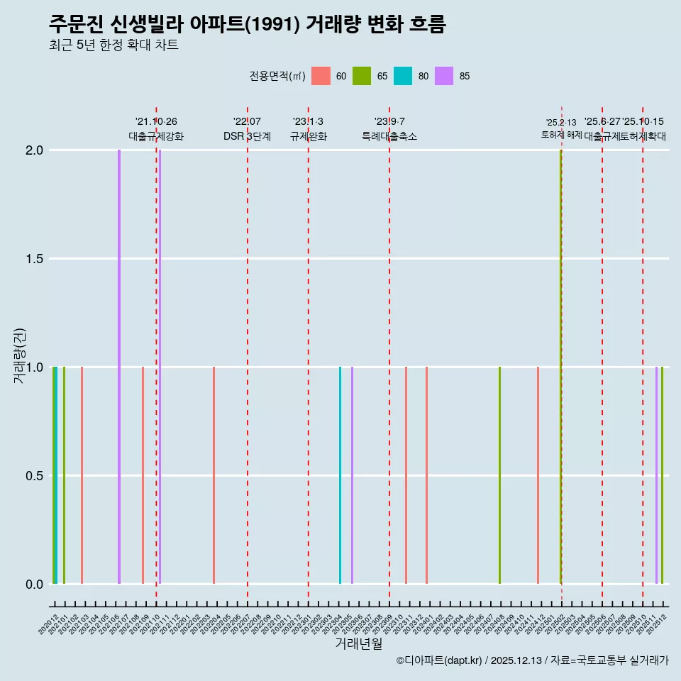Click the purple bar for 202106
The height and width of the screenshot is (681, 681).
coord(119,367)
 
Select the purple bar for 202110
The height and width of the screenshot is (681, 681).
coord(160,367)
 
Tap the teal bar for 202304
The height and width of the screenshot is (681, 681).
coord(340,475)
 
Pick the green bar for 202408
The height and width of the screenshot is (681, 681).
coord(499,475)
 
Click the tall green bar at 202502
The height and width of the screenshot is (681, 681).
coord(560,367)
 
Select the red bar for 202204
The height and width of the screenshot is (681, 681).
coord(214,475)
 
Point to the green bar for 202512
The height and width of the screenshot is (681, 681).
coord(662,475)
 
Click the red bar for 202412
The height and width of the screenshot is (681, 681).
coord(538,475)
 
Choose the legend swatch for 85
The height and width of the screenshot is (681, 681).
coord(444,76)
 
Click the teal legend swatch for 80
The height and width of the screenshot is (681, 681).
coord(403,76)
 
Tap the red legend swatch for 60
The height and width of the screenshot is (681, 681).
coord(321,76)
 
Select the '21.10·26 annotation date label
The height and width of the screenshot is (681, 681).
coord(156,122)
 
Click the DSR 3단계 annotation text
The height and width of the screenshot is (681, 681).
coord(247,137)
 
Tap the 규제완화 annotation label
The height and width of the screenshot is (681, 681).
coord(308,137)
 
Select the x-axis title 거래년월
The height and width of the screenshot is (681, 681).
coord(358,644)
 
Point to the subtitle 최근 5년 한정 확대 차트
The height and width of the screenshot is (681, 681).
coord(113,45)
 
